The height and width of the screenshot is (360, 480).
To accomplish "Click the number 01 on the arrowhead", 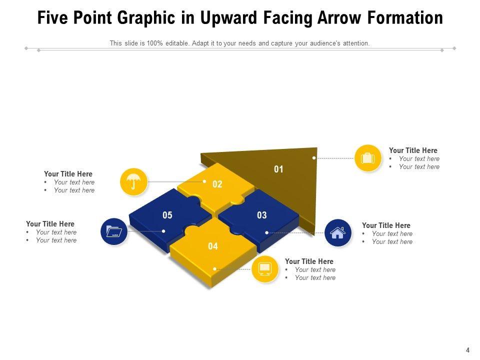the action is click(278, 169).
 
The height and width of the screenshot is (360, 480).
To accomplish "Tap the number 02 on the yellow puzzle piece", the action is click(217, 184).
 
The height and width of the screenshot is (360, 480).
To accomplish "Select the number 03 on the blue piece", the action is click(261, 215).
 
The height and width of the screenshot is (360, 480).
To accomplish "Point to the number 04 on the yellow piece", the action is click(213, 246).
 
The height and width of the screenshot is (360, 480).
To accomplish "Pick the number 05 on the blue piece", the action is click(167, 215).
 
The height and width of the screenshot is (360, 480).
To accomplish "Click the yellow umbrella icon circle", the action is click(134, 182).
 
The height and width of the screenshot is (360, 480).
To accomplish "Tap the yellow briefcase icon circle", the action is click(368, 158).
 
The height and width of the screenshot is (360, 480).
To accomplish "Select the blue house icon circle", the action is click(338, 233).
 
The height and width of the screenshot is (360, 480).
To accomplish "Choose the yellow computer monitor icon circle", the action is click(265, 269).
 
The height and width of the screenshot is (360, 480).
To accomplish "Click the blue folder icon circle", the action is click(114, 231).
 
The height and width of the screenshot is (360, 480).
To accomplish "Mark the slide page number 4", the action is click(467, 350).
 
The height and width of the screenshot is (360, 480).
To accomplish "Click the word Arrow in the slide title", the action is click(339, 18).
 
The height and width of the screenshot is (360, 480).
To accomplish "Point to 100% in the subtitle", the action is click(154, 43).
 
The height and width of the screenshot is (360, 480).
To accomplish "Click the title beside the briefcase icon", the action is click(413, 150).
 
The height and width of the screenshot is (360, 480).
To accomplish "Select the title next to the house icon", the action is click(386, 225).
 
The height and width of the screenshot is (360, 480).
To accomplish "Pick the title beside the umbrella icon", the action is click(68, 174).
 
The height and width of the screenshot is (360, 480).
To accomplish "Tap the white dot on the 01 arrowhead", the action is click(314, 158).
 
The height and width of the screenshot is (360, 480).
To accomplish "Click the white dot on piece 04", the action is click(214, 269).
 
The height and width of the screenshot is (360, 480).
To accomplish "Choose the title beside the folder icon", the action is click(50, 224).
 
